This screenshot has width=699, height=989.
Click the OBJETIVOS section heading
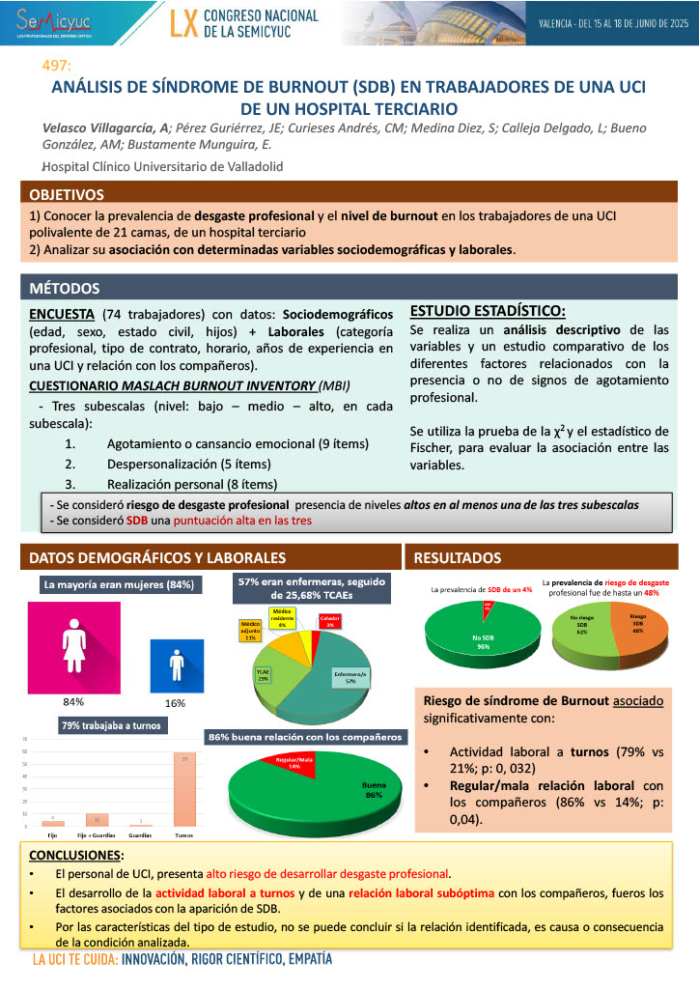[x=67, y=193]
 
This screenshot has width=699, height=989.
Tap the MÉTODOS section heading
[x=64, y=288]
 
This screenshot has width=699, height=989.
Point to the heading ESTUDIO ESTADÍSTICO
[x=488, y=311]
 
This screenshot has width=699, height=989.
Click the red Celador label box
[x=330, y=624]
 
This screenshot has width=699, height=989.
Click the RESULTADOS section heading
[x=457, y=558]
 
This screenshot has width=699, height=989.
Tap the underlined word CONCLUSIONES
[x=75, y=856]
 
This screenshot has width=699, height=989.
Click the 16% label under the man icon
[x=175, y=702]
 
